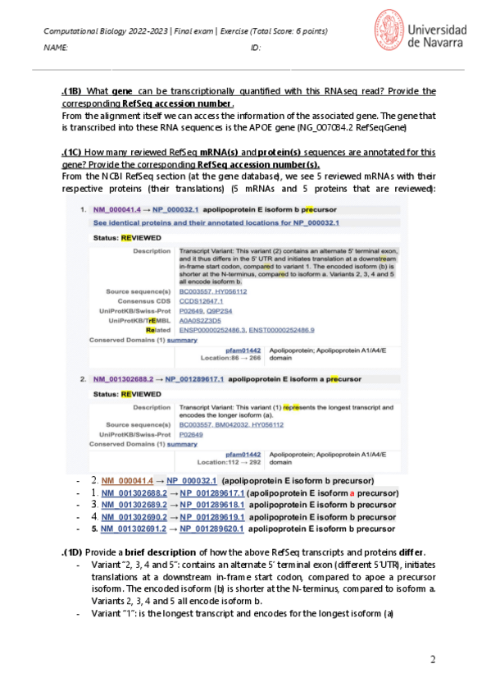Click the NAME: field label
(x=56, y=48)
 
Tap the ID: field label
(x=255, y=48)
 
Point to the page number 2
(x=433, y=659)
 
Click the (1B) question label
(x=72, y=91)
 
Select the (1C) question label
(x=72, y=153)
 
